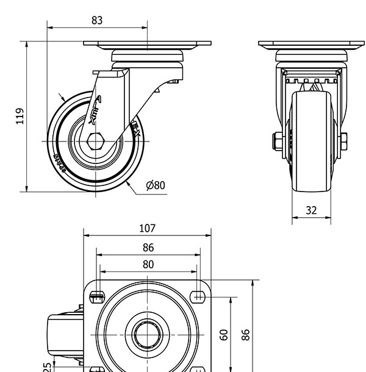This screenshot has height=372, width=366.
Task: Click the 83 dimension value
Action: pos(97,20)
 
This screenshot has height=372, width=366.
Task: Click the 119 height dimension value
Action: pos(20,116)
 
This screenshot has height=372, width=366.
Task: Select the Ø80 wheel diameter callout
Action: pos(156,185)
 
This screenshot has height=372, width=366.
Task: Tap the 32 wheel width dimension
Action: pos(311,210)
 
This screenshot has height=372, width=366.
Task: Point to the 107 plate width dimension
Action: pos(147,229)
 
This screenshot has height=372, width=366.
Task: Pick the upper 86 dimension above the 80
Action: pos(148,248)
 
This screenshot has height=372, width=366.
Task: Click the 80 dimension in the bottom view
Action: pos(148,264)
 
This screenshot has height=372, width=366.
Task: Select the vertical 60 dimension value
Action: pos(224,334)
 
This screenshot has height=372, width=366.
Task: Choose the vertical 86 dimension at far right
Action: pos(245,334)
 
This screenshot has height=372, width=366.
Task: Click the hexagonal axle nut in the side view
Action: pos(95,141)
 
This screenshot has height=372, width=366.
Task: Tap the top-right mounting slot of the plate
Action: pos(197,297)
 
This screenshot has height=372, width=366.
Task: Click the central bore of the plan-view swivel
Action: pos(147,334)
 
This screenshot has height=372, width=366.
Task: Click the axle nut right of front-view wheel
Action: pos(345,141)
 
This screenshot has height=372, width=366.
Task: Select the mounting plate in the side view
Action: pos(147,45)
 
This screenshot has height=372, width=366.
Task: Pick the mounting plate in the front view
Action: pos(311,45)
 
